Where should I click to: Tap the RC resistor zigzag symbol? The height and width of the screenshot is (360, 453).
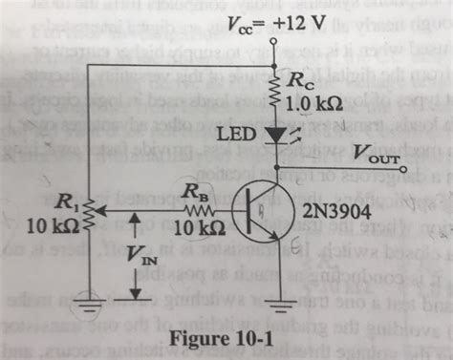tap(273, 92)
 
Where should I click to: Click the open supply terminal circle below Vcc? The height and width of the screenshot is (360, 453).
tap(273, 41)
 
